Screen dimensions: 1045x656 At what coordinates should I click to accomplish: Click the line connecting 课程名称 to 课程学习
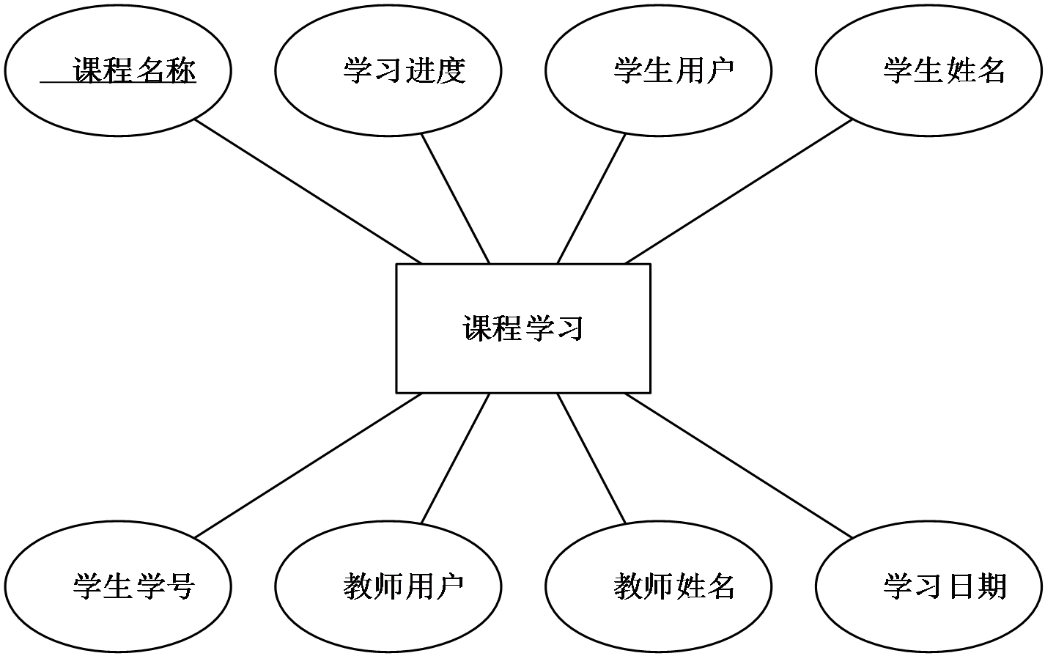(309, 192)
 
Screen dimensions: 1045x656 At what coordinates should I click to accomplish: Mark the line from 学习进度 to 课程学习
(456, 199)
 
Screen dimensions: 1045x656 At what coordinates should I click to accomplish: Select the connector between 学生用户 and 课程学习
(591, 199)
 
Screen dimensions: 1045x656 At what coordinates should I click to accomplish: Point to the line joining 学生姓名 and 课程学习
(739, 192)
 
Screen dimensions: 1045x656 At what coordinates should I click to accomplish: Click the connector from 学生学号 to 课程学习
(309, 465)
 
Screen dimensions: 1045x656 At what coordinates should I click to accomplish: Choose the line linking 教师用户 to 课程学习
(456, 458)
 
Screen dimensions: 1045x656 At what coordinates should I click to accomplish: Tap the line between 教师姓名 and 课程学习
(591, 458)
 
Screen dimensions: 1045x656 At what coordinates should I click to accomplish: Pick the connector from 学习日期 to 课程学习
(739, 465)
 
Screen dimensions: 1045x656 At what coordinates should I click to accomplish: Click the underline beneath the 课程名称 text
(118, 83)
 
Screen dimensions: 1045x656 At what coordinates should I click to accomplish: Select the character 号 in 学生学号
(180, 586)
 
